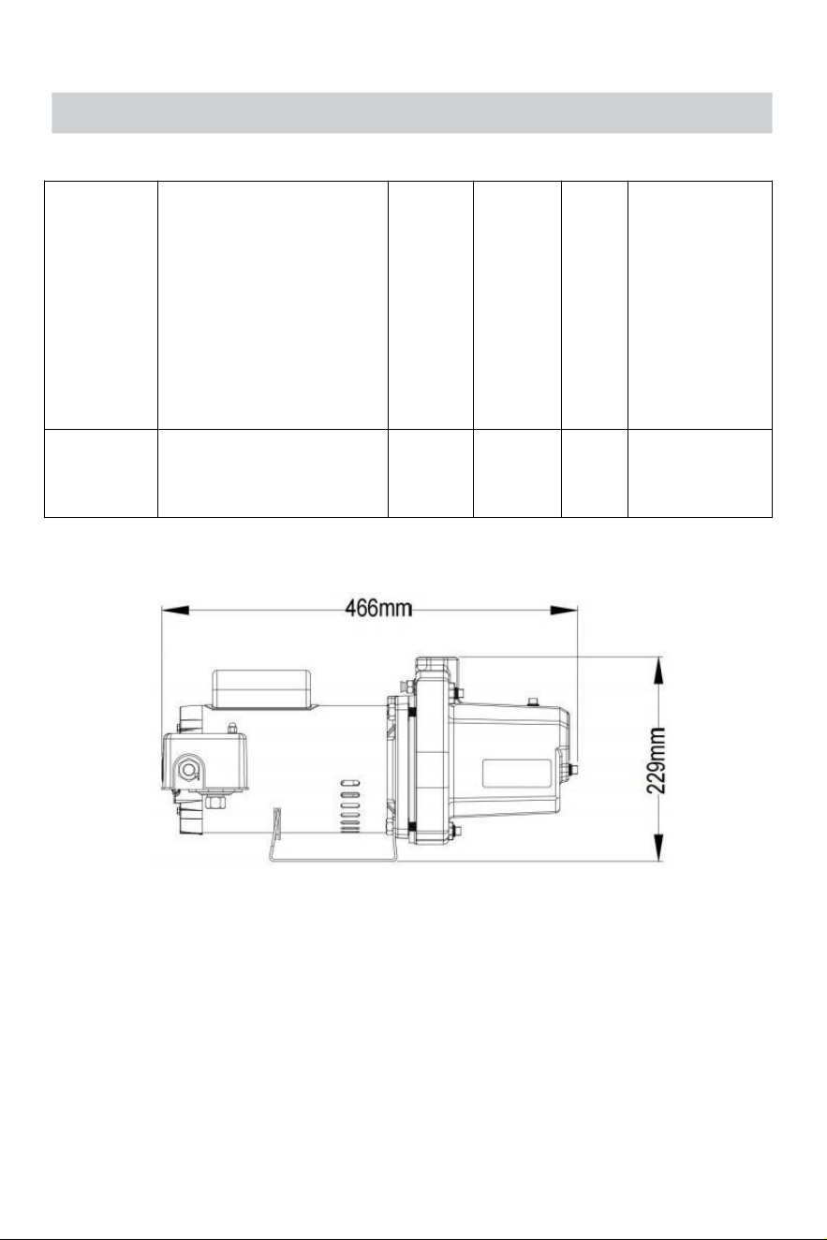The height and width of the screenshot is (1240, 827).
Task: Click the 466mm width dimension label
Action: [378, 609]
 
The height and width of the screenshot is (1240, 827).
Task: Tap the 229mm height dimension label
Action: [657, 760]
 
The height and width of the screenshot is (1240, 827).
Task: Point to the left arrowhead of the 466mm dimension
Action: [175, 610]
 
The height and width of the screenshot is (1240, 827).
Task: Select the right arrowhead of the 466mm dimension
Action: [564, 610]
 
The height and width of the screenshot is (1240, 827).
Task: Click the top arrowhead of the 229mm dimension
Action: [658, 671]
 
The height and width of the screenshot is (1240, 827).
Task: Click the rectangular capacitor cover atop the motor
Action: [262, 688]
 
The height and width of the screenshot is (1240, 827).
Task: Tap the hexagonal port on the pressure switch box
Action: [189, 770]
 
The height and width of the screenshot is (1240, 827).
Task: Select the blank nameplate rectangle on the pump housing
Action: [516, 774]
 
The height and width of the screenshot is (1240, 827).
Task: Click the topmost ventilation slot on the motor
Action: [350, 783]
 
